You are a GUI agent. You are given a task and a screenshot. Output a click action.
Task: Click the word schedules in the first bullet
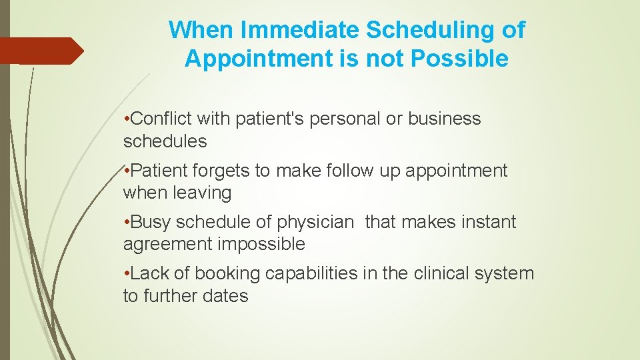click(165, 141)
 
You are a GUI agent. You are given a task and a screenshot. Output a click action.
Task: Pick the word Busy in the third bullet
click(151, 222)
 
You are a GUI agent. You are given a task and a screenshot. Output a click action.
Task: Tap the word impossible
click(261, 245)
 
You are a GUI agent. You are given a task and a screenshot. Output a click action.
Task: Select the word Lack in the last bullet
click(151, 273)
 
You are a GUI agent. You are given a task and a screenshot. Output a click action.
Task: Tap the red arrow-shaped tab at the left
click(40, 51)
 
